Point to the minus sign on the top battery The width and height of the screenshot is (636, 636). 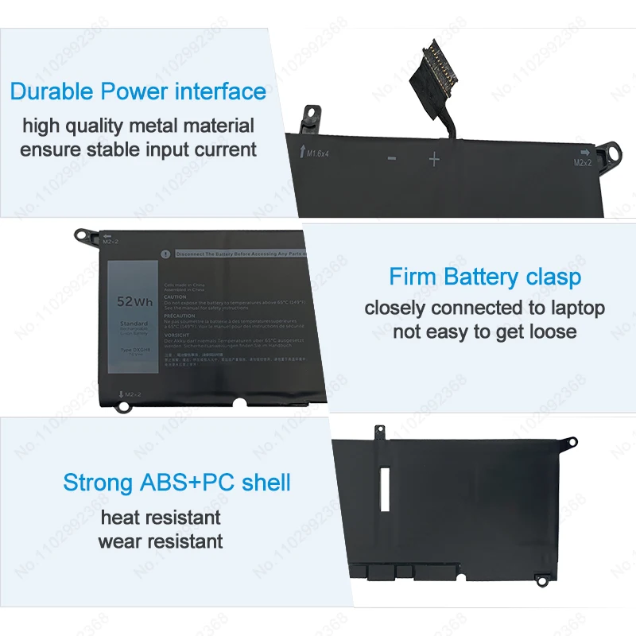pos(392,158)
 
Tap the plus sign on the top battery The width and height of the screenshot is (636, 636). pos(434,159)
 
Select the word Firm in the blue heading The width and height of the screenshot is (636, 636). pos(413,277)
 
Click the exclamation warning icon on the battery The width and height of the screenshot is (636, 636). pos(164,254)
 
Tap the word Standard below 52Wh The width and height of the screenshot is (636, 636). pos(134,324)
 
